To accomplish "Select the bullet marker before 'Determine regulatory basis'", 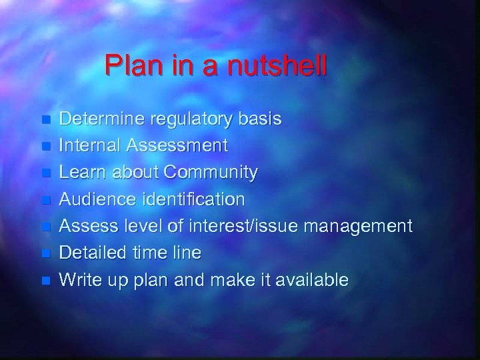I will pyautogui.click(x=45, y=121).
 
